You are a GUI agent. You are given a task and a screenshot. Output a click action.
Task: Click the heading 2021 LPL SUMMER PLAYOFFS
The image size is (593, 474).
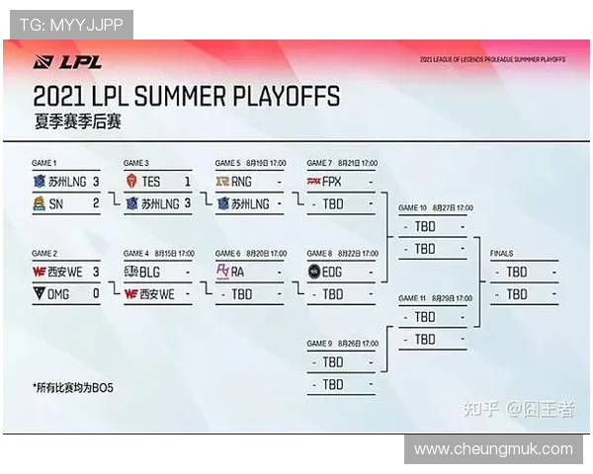[186, 97]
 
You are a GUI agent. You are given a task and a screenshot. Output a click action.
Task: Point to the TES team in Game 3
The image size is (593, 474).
[150, 182]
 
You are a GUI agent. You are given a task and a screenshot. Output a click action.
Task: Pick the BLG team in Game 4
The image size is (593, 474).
[150, 271]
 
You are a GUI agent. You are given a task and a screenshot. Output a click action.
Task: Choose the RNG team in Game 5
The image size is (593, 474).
[242, 182]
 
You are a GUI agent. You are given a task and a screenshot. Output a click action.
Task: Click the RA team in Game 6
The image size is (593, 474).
[237, 271]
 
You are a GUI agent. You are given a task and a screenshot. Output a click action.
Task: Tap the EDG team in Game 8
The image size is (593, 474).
[333, 271]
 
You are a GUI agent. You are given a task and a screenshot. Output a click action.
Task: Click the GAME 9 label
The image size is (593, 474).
[319, 343]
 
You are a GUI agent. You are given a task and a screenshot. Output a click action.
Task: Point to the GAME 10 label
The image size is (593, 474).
[412, 208]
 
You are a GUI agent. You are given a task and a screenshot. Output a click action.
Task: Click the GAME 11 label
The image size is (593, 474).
[412, 297]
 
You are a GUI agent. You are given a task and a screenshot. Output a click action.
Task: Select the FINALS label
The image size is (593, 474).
[502, 254]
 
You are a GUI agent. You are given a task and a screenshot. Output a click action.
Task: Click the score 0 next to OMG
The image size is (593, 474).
[96, 293]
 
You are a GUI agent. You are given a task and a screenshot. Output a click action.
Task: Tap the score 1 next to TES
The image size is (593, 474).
[187, 182]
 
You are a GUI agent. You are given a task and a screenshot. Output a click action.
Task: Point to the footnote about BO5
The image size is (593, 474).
[73, 387]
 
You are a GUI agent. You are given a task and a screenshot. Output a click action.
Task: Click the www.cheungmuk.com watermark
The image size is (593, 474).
[493, 449]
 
